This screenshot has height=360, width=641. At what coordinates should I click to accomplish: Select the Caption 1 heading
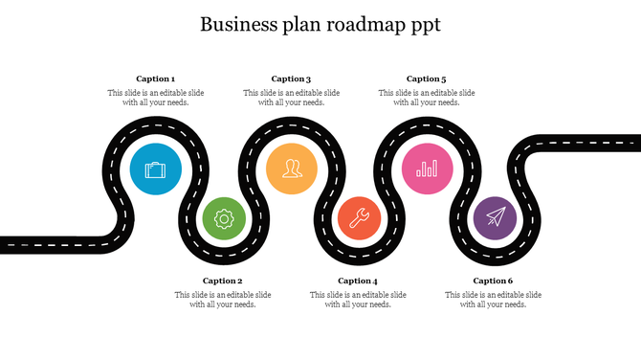[x=155, y=79]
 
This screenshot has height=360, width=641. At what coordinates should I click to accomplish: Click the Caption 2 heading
[x=222, y=281]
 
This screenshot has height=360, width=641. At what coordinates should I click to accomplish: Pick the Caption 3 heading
[x=291, y=79]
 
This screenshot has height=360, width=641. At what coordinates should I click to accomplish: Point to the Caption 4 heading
[x=358, y=281]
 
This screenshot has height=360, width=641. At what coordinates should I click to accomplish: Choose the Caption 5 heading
[x=427, y=79]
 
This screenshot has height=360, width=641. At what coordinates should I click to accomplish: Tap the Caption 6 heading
[x=494, y=281]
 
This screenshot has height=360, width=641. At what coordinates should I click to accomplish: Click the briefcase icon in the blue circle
[x=155, y=170]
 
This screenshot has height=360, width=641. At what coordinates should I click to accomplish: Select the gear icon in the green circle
[x=224, y=218]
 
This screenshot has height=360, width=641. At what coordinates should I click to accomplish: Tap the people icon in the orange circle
[x=292, y=169]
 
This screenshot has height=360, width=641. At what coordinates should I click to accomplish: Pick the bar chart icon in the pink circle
[x=428, y=169]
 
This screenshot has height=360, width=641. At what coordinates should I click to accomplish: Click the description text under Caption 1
[x=155, y=98]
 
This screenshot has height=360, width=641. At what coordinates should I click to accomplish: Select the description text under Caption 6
[x=494, y=300]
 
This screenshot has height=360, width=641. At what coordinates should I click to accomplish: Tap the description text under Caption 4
[x=358, y=300]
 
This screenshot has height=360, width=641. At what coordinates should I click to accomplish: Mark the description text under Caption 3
[x=291, y=98]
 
